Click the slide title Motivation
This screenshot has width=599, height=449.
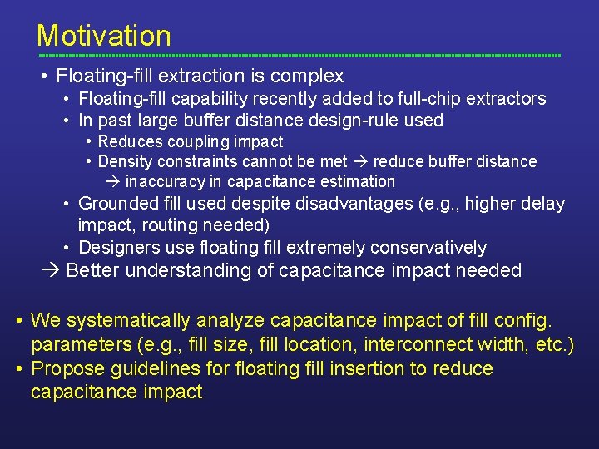coord(103,36)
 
